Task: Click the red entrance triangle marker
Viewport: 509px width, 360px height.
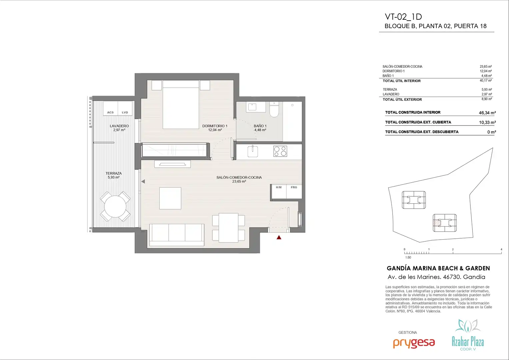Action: (279, 237)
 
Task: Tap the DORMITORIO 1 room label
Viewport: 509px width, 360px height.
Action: (215, 126)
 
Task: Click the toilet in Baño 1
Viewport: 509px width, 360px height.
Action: (274, 110)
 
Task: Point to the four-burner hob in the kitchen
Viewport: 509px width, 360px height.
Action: (280, 151)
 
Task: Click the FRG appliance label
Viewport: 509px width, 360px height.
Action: (294, 187)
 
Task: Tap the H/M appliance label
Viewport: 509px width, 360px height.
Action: (279, 187)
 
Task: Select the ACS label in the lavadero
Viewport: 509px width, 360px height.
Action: (110, 112)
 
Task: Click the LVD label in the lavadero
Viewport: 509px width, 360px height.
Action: (125, 112)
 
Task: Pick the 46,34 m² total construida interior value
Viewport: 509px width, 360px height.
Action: (487, 113)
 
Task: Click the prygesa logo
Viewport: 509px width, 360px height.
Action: (414, 343)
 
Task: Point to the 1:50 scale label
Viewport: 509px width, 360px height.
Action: (408, 257)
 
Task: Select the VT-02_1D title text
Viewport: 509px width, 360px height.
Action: (403, 17)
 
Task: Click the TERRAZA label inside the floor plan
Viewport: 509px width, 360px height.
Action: (113, 173)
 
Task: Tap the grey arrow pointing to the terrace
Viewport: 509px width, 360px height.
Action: (143, 181)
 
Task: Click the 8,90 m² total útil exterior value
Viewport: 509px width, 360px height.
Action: (487, 99)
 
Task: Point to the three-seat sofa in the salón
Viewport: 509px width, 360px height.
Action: (177, 235)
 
